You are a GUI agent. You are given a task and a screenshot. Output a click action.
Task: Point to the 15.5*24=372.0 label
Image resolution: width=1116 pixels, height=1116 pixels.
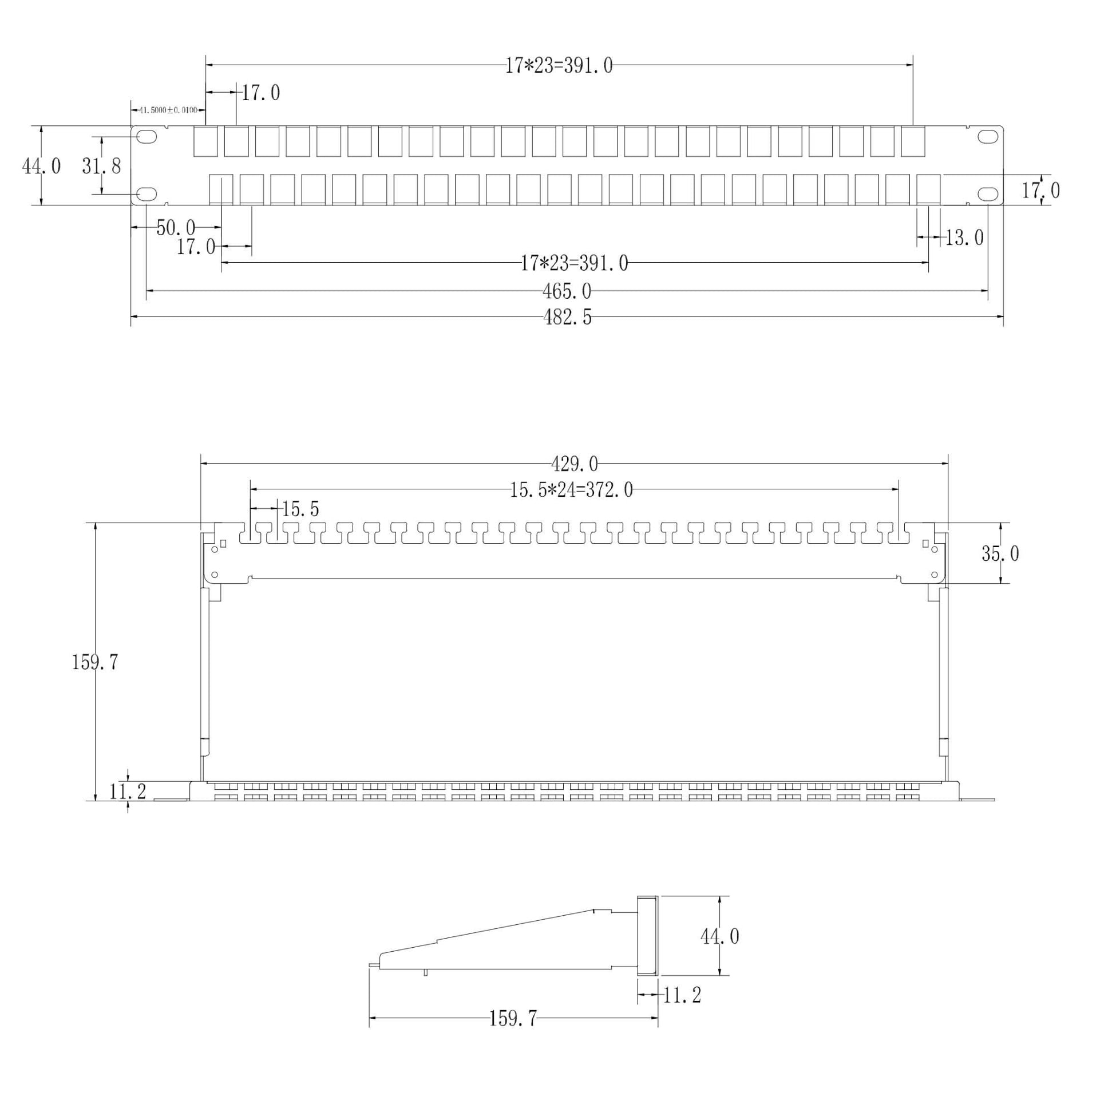click(x=571, y=490)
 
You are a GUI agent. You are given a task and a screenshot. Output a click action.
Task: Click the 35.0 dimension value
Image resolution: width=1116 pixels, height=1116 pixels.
click(x=1000, y=554)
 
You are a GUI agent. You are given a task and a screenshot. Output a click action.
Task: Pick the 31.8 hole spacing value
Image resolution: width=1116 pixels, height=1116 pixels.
click(x=102, y=167)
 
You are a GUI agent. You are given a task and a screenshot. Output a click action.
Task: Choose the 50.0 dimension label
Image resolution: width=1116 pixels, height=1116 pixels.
click(x=176, y=228)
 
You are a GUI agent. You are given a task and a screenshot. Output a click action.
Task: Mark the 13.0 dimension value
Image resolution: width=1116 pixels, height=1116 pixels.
click(x=965, y=238)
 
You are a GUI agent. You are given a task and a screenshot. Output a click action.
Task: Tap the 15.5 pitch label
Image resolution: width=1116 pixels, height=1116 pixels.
click(x=300, y=509)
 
